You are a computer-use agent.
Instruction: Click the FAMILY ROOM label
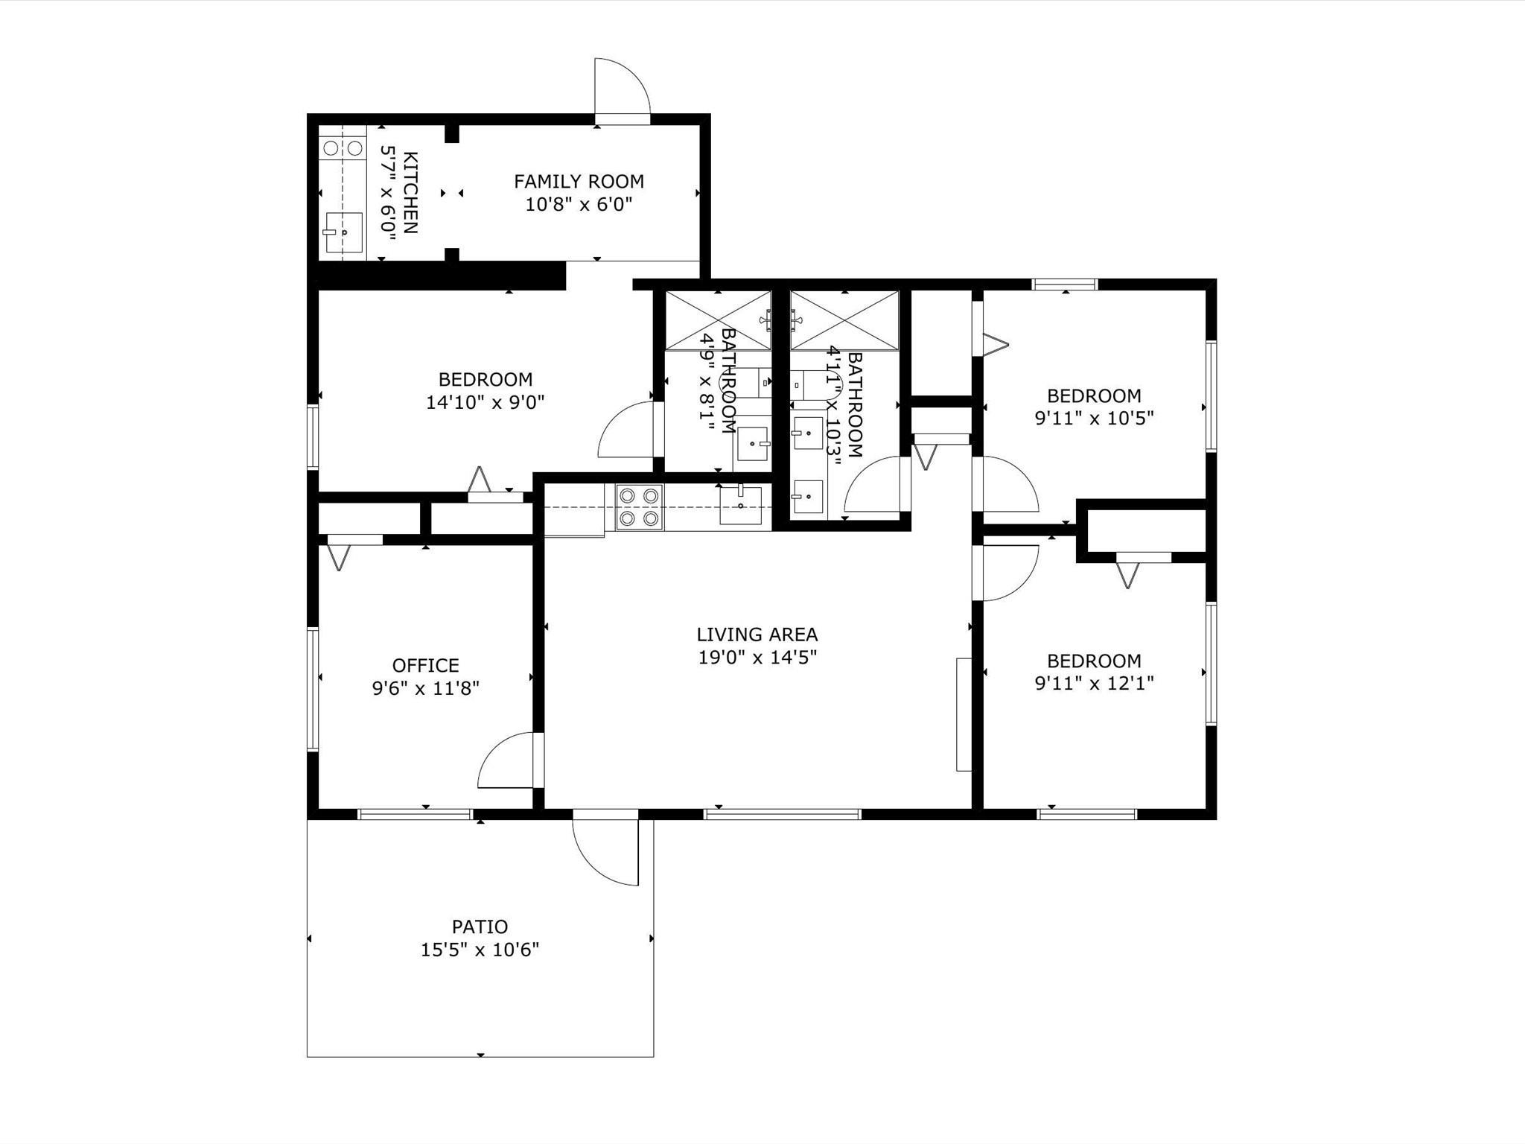579,181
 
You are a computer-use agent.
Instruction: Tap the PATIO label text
480,927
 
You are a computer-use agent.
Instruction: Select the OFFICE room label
425,665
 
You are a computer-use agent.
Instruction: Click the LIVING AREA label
757,635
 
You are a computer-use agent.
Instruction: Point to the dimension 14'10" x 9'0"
485,402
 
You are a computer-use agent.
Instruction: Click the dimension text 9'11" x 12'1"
1094,683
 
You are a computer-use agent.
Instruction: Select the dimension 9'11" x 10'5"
1094,418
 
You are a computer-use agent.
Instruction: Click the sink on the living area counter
740,504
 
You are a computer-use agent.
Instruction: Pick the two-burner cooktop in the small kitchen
343,147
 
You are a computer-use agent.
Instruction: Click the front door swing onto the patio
605,852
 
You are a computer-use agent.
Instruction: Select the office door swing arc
506,760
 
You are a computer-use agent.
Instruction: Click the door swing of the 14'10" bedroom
626,430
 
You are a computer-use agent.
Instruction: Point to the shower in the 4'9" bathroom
718,320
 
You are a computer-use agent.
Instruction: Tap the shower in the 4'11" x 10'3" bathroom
844,320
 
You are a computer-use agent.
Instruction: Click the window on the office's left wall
313,688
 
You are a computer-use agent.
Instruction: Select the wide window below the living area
782,814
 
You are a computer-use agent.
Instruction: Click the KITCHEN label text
398,192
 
